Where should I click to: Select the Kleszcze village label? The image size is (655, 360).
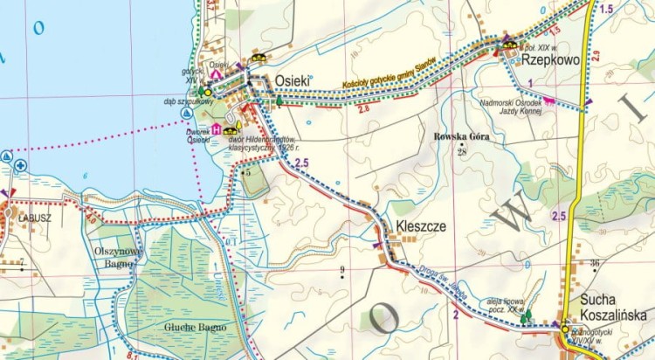(x=421, y=226)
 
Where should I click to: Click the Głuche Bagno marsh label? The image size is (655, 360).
(x=195, y=327)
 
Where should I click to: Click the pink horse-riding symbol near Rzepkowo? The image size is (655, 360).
(x=549, y=100)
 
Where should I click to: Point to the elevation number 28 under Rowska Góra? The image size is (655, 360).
(x=463, y=152)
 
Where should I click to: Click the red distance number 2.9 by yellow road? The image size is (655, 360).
(x=596, y=56)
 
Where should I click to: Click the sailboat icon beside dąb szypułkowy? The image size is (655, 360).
(x=186, y=114)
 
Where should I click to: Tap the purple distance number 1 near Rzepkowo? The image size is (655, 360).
(x=530, y=82)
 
